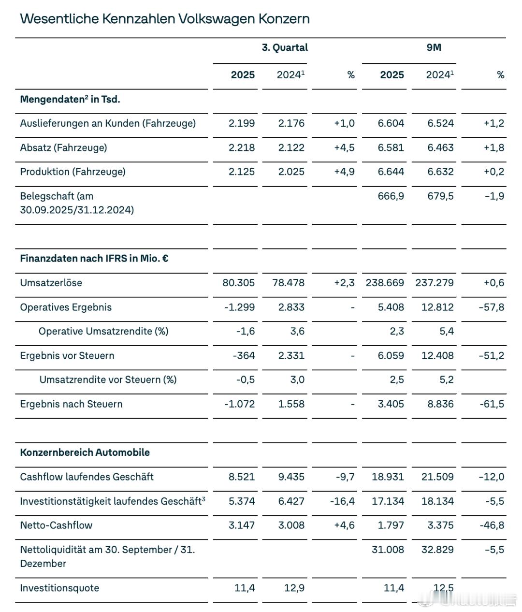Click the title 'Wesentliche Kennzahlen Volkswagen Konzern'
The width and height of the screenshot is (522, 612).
click(165, 19)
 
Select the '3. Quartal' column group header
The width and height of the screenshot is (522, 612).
click(285, 47)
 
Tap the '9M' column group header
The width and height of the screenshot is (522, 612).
click(434, 47)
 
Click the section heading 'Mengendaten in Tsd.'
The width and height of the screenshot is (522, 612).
click(70, 99)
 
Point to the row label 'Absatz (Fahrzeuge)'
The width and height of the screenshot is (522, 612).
click(63, 147)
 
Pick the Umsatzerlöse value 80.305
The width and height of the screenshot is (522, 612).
click(239, 283)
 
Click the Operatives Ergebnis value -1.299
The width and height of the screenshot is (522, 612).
click(240, 307)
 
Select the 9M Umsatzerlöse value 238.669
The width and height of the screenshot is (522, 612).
click(385, 283)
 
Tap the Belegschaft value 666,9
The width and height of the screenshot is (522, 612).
click(391, 196)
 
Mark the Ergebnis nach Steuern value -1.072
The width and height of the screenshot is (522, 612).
click(240, 404)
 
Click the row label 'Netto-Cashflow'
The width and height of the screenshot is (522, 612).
click(56, 525)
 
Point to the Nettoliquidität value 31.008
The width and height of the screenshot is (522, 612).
click(388, 549)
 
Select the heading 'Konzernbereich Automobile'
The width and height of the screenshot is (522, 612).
click(85, 452)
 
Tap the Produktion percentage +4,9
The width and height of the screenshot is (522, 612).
click(344, 172)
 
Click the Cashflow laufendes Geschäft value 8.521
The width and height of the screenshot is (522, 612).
click(242, 477)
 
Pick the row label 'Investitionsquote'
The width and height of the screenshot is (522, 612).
click(59, 588)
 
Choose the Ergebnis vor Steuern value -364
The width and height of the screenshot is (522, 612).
click(244, 355)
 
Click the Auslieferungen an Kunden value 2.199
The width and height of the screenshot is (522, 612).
click(242, 123)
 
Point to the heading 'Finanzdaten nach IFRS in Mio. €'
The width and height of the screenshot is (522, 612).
click(94, 258)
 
